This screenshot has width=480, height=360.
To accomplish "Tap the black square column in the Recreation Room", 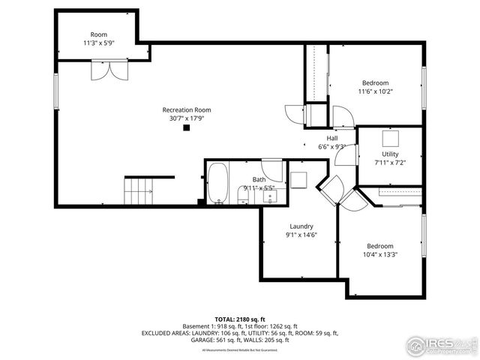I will (187, 127).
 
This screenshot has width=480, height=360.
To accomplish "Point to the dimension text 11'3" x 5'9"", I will (99, 43).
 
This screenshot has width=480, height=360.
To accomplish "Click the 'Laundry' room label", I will (301, 226).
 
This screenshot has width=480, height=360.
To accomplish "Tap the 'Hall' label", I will (331, 138).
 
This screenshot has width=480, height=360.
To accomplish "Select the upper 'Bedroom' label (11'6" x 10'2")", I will (375, 82).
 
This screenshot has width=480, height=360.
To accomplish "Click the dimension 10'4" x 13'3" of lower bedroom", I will (382, 254).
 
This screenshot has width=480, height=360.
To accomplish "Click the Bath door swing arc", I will (273, 171).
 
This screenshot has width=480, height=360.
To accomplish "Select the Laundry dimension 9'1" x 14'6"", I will (301, 235).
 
